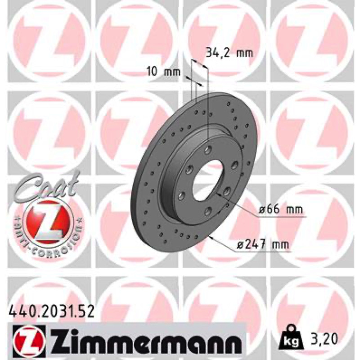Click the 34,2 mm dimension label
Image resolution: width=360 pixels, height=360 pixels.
(229, 53)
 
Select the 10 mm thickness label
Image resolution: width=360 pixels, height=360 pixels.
(163, 72)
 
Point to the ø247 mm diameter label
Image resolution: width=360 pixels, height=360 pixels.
(263, 245)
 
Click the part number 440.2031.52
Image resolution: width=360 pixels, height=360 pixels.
(51, 312)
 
